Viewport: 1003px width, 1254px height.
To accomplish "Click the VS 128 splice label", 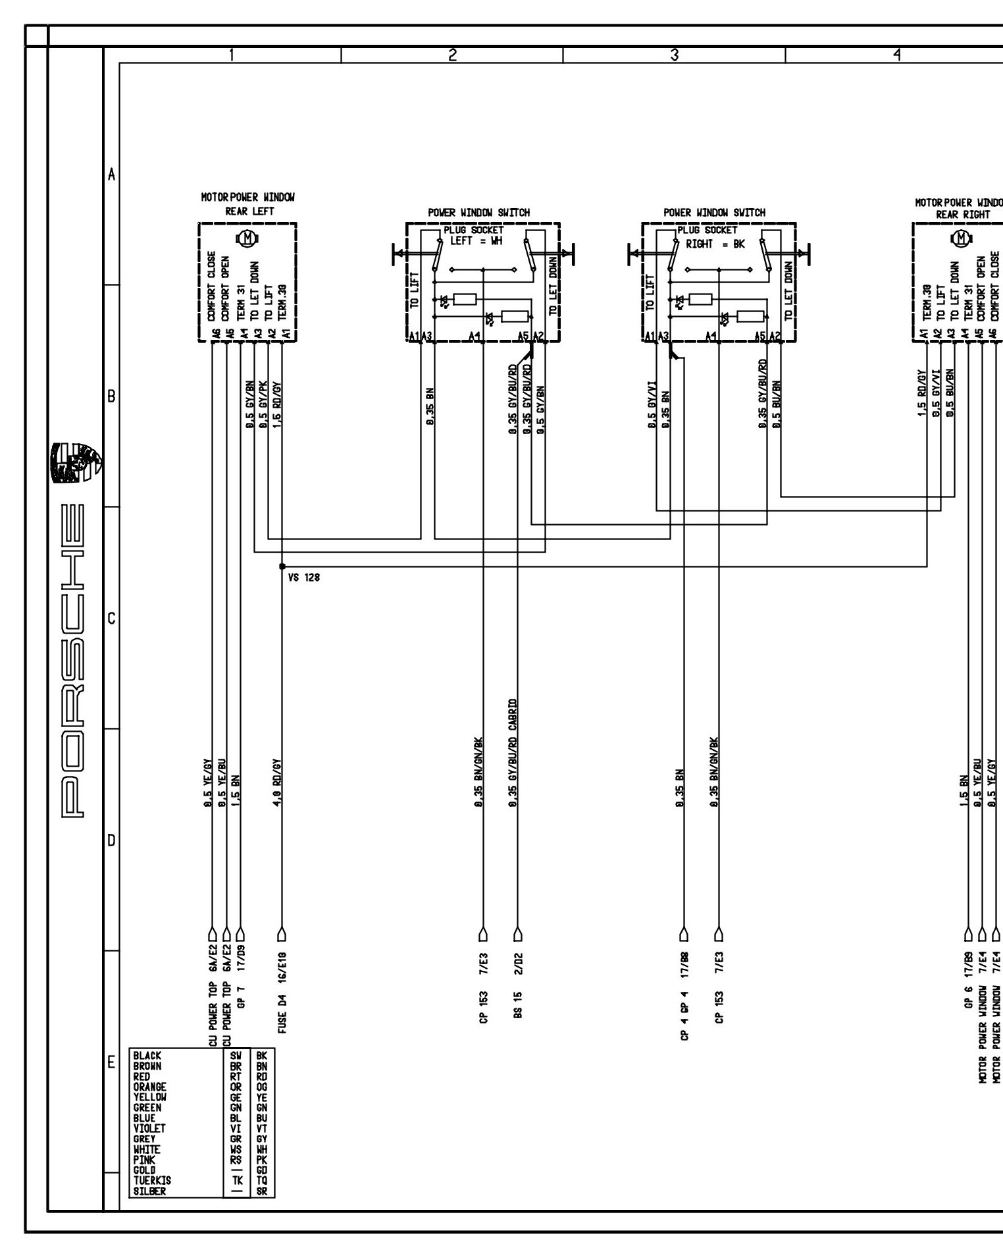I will (x=304, y=578).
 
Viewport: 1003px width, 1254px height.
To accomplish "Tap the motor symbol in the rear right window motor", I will (x=962, y=238).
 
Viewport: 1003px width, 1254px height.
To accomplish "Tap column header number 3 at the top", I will (x=674, y=56).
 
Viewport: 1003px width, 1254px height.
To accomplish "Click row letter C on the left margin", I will (x=111, y=618).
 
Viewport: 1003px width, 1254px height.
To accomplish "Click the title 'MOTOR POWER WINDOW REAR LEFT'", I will (x=247, y=204).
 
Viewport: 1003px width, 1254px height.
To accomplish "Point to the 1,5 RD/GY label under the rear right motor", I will (x=925, y=393).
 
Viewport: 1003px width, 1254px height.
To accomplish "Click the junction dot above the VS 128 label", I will (x=282, y=566).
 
